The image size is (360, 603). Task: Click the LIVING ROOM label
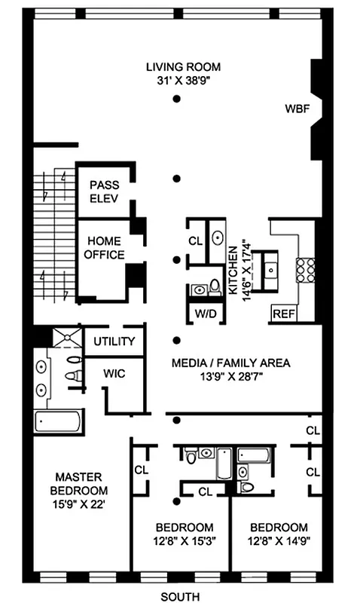pos(176,67)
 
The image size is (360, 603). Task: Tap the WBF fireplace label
pos(297,109)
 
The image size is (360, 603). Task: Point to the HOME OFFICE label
pos(105,248)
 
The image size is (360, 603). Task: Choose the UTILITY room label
pos(114,341)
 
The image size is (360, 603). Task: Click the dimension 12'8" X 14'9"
pos(279,540)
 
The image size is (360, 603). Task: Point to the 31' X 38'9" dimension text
pos(176,80)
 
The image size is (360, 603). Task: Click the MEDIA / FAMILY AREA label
pos(230,363)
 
